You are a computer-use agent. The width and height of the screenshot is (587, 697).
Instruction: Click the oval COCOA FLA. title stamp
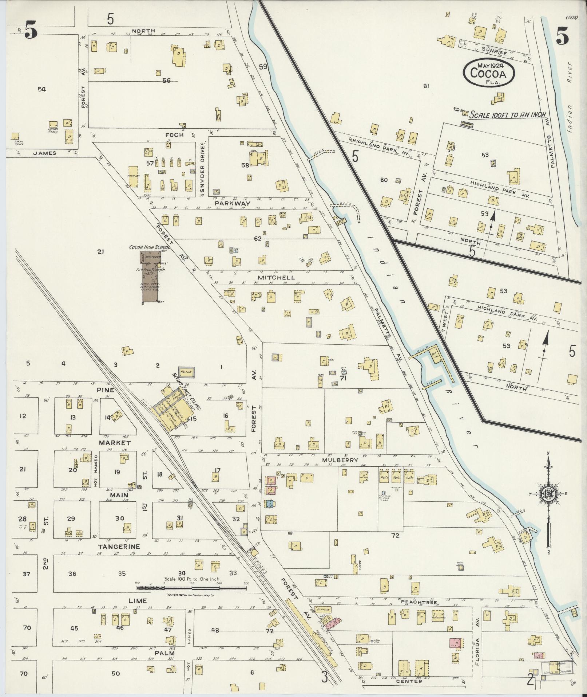(488, 73)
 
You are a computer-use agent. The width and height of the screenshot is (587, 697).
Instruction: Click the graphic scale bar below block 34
(191, 588)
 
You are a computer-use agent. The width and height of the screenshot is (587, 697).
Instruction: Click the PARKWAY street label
(232, 203)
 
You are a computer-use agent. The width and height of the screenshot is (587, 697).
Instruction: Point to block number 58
(245, 165)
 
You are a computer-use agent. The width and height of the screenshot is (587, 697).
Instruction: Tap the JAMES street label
(45, 153)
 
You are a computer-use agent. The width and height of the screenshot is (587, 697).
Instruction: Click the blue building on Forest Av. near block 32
(270, 504)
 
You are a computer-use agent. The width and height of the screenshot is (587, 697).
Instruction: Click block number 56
(166, 81)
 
